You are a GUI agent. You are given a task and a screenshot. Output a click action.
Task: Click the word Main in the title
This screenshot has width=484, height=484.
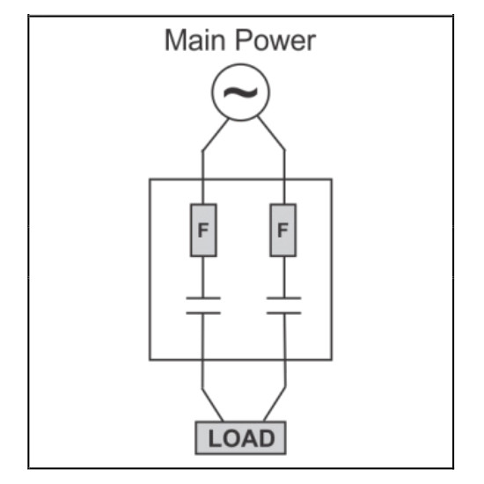click(x=194, y=40)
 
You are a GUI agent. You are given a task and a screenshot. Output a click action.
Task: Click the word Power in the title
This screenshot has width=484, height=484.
click(x=275, y=40)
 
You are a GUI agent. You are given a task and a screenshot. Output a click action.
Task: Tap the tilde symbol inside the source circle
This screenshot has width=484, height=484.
click(x=240, y=92)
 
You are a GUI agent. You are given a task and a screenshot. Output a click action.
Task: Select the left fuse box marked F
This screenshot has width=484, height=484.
click(x=203, y=230)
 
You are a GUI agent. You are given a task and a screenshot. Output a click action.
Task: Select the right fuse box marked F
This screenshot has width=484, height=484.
click(x=283, y=230)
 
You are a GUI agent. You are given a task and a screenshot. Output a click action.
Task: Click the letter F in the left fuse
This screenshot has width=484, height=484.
click(x=202, y=230)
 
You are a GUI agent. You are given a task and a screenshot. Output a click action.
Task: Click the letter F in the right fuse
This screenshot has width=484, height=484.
click(x=282, y=230)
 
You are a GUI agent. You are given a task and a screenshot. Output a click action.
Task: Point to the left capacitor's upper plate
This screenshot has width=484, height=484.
click(x=203, y=298)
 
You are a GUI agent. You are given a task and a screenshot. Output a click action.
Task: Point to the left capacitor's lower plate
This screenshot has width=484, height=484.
click(x=203, y=313)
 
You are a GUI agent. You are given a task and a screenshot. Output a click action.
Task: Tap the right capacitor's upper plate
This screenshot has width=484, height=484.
click(x=284, y=298)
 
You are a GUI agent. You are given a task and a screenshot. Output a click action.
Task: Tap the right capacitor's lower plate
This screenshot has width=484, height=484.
click(x=284, y=313)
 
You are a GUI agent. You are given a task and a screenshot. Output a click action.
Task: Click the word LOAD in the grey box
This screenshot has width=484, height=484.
click(x=241, y=438)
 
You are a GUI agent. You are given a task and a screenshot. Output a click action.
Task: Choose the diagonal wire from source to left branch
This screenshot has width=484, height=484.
click(x=216, y=135)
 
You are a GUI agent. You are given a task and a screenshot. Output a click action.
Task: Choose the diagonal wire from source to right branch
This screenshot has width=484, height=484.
click(x=271, y=134)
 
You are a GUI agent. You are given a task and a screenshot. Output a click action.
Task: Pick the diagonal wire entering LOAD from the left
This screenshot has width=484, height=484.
click(x=212, y=405)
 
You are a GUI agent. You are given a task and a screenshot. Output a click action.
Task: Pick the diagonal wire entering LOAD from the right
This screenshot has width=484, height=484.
click(x=275, y=404)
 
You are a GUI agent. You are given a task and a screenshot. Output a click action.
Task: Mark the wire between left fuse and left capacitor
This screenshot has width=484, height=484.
click(x=202, y=277)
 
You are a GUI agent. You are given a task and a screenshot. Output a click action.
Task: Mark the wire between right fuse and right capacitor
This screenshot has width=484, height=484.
click(x=284, y=277)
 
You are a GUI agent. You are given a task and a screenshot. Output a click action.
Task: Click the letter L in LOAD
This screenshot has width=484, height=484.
click(x=215, y=438)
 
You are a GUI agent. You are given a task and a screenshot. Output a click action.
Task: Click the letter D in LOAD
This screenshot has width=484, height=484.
click(x=266, y=438)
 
